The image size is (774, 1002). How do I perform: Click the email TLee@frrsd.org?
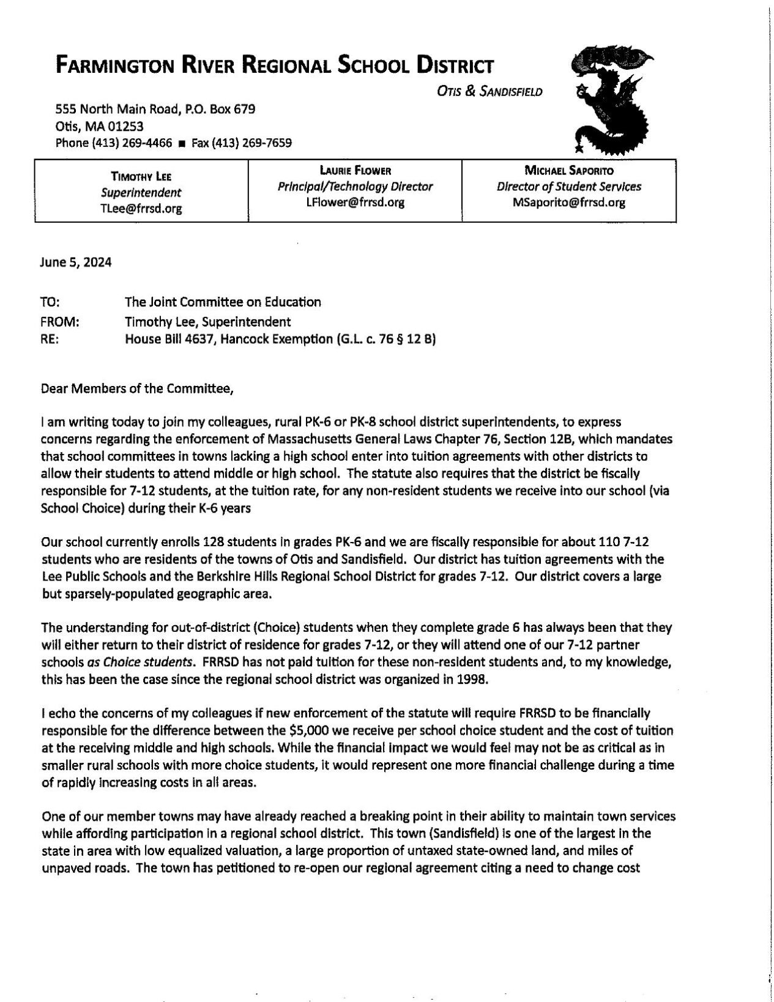[x=141, y=208]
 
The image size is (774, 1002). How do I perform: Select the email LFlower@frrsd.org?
[x=355, y=202]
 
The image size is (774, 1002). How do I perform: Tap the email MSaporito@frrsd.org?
[x=569, y=202]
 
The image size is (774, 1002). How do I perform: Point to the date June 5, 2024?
[x=76, y=262]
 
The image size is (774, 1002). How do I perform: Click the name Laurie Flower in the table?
[x=355, y=171]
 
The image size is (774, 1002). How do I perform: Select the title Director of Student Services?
[x=569, y=187]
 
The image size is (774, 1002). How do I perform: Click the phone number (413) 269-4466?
[x=132, y=143]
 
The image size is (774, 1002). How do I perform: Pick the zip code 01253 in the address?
[x=127, y=127]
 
